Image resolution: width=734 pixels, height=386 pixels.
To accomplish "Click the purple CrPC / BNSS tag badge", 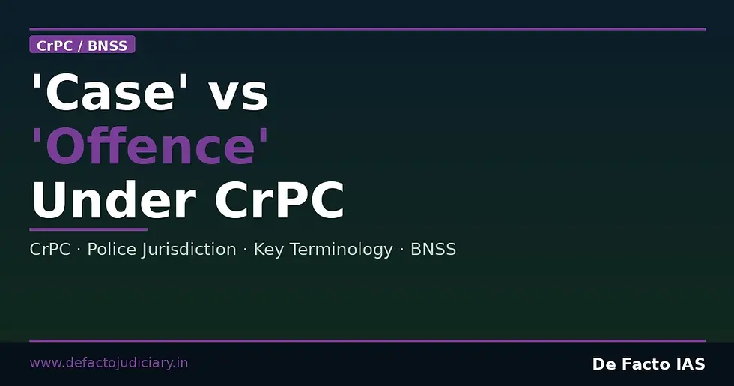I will coord(82,46).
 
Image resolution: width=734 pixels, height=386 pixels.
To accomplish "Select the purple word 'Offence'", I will coord(150,147).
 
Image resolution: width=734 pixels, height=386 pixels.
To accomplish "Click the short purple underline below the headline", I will coord(88,229).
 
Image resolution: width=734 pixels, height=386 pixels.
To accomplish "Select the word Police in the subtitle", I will coord(112,250).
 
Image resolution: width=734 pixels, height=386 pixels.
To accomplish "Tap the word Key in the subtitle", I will coord(268,250).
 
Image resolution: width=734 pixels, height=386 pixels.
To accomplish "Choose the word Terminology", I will coord(340,250).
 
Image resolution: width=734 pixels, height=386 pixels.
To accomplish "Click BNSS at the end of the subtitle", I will coord(433,250).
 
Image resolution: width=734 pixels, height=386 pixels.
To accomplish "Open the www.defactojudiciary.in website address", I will coord(109,364).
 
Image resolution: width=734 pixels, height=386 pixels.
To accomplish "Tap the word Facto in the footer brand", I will coord(642,364).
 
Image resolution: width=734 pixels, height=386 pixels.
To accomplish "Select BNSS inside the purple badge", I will coord(108,46).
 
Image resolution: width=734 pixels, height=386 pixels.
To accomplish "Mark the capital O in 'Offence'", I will coord(64,148).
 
